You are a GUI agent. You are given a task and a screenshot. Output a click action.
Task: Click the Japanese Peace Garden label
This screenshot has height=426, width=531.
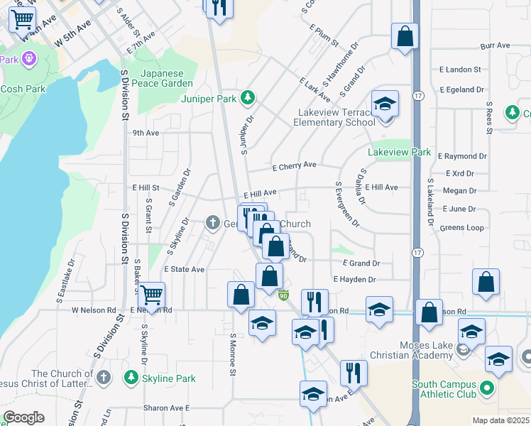(172, 78)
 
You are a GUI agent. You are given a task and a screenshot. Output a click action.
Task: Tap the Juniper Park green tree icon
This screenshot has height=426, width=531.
(247, 97)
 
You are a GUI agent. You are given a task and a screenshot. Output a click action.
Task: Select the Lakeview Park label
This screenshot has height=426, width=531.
(399, 152)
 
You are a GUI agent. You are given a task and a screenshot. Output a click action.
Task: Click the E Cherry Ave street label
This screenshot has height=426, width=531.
(294, 166)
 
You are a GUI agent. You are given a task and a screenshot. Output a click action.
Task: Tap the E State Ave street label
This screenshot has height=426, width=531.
(184, 270)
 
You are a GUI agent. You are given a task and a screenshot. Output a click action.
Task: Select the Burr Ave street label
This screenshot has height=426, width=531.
(495, 46)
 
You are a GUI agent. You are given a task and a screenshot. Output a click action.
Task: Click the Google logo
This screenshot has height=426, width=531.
(23, 417)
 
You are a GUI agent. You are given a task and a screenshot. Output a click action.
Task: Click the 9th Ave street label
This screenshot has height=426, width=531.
(146, 133)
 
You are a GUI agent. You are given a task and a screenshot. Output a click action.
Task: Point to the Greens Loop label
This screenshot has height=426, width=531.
(461, 228)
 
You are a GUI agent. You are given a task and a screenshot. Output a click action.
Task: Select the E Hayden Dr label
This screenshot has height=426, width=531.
(363, 280)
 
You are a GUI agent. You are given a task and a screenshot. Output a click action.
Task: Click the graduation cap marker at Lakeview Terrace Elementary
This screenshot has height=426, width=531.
(385, 104)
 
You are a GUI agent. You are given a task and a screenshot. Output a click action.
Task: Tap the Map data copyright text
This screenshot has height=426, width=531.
(500, 420)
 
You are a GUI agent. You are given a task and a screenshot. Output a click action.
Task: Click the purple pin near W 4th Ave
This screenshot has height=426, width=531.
(28, 57)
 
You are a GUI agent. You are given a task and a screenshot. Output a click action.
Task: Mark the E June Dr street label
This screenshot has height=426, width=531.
(459, 209)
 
